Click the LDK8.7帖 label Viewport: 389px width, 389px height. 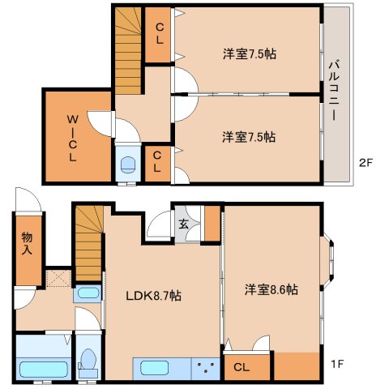[153, 296]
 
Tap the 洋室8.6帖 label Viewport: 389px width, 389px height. [271, 289]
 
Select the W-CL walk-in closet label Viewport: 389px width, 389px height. [72, 138]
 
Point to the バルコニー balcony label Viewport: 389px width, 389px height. [335, 91]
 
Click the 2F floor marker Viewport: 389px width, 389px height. [365, 163]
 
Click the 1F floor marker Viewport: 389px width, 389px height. [337, 364]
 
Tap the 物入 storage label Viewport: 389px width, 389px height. [27, 243]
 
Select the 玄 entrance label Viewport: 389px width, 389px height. [183, 224]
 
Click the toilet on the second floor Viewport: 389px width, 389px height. [128, 165]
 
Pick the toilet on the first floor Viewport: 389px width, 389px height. [88, 363]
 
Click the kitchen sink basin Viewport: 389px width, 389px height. [154, 368]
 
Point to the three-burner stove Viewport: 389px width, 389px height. [206, 368]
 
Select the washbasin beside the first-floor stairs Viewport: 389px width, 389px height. [87, 293]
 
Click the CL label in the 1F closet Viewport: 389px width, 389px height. [242, 367]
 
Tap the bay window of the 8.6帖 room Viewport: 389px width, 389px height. [327, 261]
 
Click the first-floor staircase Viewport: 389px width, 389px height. [89, 243]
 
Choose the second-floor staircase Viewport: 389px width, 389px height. [128, 50]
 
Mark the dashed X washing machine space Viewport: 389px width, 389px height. [58, 278]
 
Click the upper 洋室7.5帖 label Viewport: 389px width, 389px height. [250, 54]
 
